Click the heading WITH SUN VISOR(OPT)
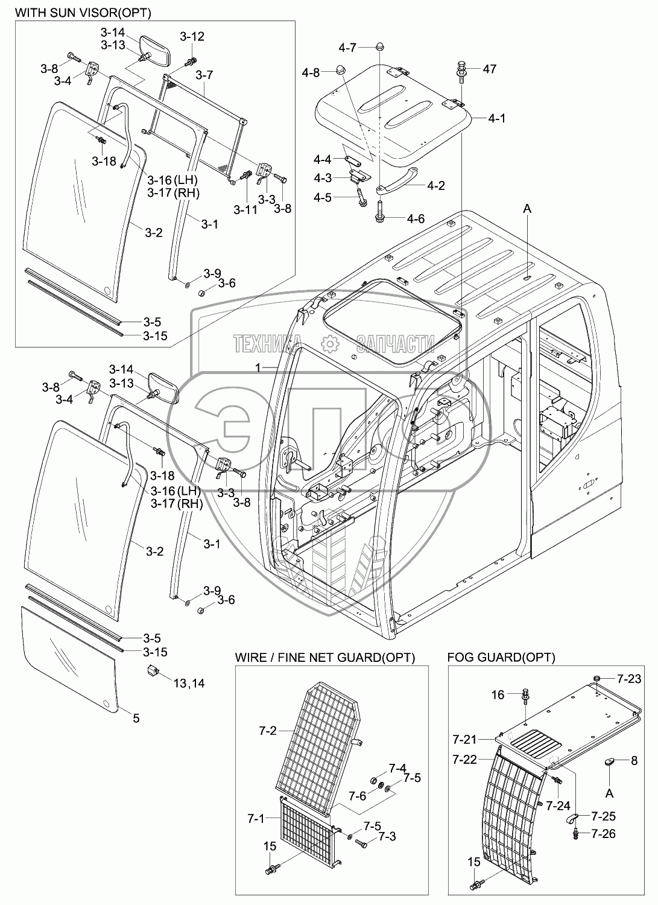(x=83, y=12)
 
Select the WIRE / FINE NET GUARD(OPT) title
(x=326, y=657)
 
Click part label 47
(x=489, y=69)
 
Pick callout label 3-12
(x=192, y=36)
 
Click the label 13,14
(x=189, y=683)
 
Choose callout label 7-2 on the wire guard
(x=268, y=731)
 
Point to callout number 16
(x=497, y=695)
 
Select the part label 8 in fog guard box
(x=633, y=761)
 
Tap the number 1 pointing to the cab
(x=258, y=367)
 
